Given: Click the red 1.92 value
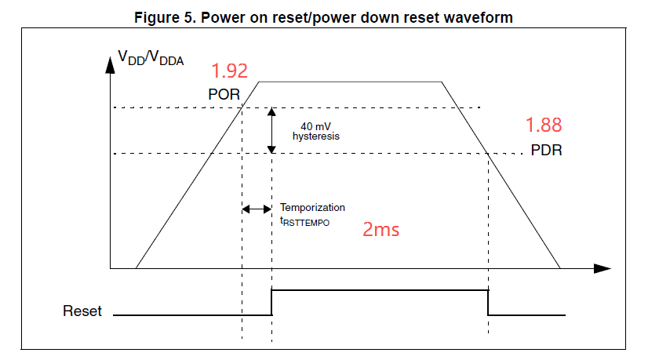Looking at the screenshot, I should (230, 71).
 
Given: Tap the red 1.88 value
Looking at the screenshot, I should (544, 125).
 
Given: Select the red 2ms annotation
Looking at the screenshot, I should (380, 229).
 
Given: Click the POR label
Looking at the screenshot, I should (224, 94).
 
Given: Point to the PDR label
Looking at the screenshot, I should (545, 150).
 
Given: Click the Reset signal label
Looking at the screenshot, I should (82, 311).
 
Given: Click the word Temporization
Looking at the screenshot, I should (312, 208).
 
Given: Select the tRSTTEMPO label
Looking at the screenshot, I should (306, 221).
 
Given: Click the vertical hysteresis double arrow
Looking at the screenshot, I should (271, 130).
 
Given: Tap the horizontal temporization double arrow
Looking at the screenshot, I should (257, 209).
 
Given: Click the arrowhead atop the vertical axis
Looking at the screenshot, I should (110, 62).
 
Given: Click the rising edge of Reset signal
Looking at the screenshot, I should (271, 303).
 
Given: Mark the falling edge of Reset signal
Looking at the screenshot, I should (488, 303).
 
